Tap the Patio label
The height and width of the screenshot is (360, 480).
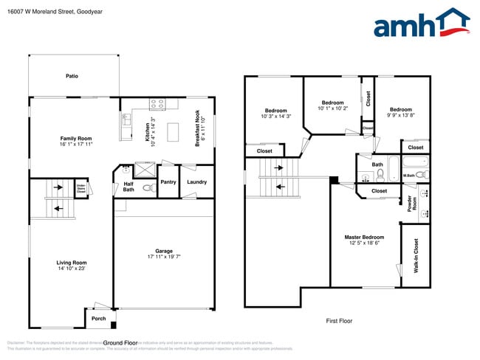(x=72, y=75)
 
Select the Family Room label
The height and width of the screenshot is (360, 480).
(x=75, y=139)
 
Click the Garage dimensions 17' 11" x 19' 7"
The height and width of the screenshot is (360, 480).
(x=163, y=257)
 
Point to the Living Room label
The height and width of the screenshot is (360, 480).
(x=72, y=263)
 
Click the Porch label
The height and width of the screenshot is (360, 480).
(x=98, y=319)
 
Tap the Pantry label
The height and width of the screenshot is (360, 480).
(x=168, y=181)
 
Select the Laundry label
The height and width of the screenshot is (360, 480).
(x=196, y=181)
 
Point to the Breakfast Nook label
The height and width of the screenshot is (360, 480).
(x=197, y=127)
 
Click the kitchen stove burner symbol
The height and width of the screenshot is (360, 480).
(x=157, y=104)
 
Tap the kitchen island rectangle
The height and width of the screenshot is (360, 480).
(x=174, y=132)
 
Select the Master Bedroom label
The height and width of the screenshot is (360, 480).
(x=364, y=237)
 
